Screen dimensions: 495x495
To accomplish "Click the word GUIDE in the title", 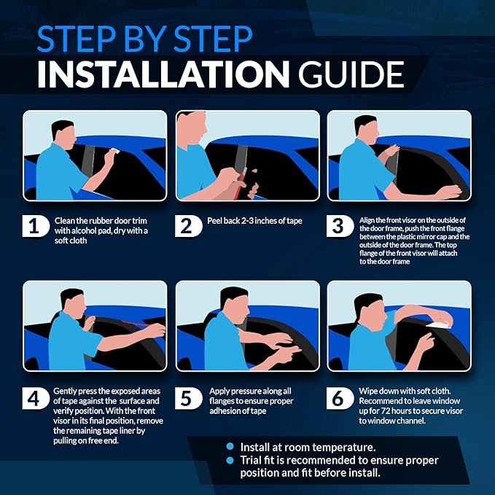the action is tap(351, 74).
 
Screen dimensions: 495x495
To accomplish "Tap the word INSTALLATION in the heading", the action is tap(163, 74).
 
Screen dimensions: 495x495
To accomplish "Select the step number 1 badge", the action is tap(36, 226).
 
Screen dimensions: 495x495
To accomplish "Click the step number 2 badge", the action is tap(189, 226).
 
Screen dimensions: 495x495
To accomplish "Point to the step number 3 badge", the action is tap(340, 226).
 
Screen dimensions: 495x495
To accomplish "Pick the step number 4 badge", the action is tap(36, 398).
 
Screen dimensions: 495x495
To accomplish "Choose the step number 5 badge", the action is tap(189, 398).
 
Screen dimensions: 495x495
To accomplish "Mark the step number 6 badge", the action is tap(340, 398).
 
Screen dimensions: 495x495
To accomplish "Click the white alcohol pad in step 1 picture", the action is tap(115, 151).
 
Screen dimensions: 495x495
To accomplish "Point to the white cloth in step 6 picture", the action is tap(438, 325).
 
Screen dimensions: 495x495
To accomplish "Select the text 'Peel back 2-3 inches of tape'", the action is tap(254, 221).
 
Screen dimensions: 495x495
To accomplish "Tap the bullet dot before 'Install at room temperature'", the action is tap(230, 446).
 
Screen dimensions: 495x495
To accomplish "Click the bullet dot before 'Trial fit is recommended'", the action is tap(230, 460).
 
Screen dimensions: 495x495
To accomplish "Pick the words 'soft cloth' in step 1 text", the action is tap(71, 241).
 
